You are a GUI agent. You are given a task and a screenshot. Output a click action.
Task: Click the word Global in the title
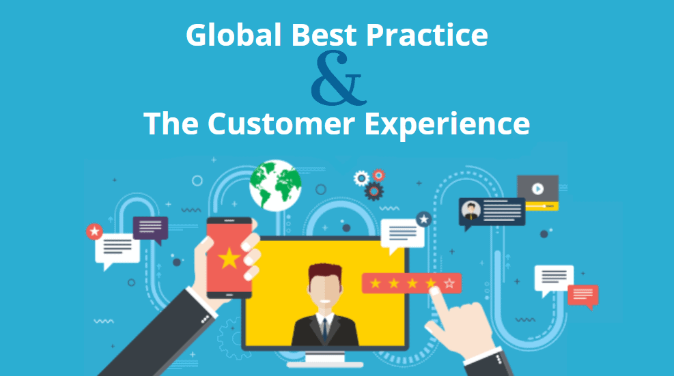(234, 34)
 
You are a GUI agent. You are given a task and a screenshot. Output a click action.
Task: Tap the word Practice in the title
(427, 34)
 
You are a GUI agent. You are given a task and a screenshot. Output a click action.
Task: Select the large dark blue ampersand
(339, 78)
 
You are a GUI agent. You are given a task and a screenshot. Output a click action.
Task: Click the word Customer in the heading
(281, 124)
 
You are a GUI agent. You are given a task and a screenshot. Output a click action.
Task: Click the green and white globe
(275, 185)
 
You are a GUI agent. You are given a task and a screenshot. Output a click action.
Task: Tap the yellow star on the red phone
(229, 259)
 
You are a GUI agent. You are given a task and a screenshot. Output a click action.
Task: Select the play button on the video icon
(537, 188)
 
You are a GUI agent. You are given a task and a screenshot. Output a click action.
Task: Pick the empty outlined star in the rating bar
(449, 283)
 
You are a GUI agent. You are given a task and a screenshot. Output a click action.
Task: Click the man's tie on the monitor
(326, 329)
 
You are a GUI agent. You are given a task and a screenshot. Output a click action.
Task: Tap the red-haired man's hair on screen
(325, 272)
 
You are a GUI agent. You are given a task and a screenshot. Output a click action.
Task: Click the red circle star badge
(94, 231)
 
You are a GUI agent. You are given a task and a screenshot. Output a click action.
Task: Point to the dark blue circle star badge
(424, 220)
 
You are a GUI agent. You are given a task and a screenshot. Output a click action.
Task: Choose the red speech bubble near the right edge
(583, 296)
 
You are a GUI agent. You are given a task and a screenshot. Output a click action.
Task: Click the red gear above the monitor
(378, 175)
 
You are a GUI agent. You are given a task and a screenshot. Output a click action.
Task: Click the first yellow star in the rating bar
(376, 283)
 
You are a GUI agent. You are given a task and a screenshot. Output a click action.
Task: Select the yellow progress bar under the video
(542, 206)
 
